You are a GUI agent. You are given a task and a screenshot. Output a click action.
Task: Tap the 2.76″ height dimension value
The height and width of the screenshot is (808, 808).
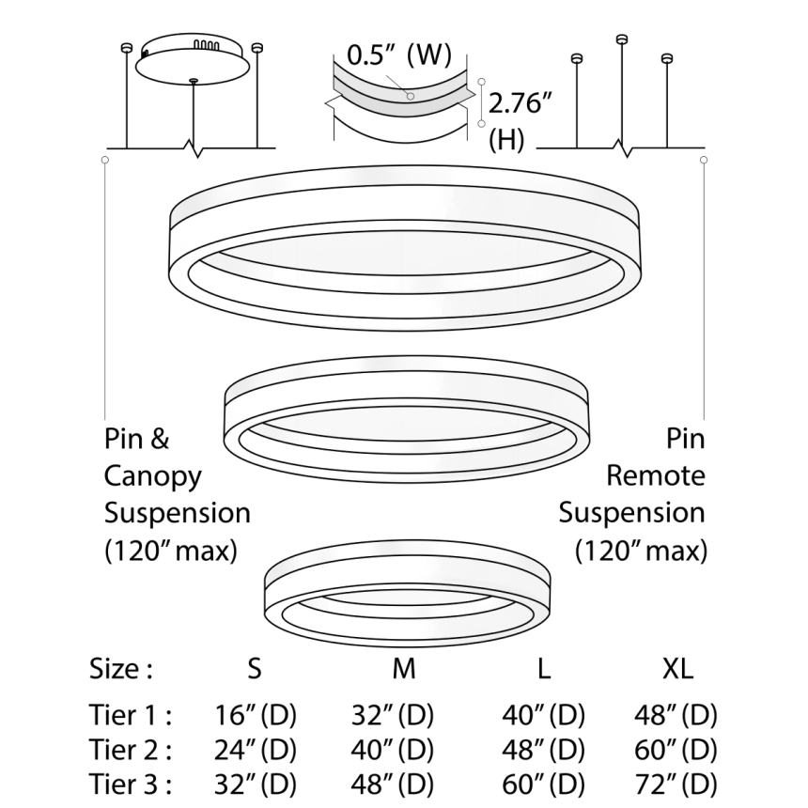click(525, 104)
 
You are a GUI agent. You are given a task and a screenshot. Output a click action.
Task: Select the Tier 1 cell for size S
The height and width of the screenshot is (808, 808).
click(256, 716)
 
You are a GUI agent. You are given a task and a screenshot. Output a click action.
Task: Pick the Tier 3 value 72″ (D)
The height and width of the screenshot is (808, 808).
click(676, 784)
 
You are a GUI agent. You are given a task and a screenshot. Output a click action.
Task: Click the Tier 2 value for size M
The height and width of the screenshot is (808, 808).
click(394, 750)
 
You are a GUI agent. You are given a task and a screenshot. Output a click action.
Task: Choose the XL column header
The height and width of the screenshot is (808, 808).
click(676, 669)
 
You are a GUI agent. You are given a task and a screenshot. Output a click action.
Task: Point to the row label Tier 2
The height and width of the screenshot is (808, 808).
click(131, 750)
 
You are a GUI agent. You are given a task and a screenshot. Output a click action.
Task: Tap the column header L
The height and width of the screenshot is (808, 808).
click(544, 669)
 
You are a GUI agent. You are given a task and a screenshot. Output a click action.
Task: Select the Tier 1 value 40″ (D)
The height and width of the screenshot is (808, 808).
click(544, 716)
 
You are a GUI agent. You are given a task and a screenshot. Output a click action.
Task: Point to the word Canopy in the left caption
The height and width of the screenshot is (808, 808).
click(153, 476)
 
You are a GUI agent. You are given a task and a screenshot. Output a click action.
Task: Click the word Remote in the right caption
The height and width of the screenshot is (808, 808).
click(655, 476)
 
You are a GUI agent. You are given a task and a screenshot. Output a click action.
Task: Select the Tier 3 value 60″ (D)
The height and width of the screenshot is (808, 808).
click(544, 784)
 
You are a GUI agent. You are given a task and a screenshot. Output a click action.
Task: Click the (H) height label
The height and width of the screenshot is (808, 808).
click(507, 139)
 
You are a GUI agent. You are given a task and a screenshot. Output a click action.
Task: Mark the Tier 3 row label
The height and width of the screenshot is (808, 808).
click(131, 784)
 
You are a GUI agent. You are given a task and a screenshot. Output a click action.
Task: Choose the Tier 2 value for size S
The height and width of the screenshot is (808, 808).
click(256, 750)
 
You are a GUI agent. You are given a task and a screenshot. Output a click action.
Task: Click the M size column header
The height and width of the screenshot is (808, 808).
click(403, 669)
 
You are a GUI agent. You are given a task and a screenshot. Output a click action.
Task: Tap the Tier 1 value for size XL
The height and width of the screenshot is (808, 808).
click(676, 716)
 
